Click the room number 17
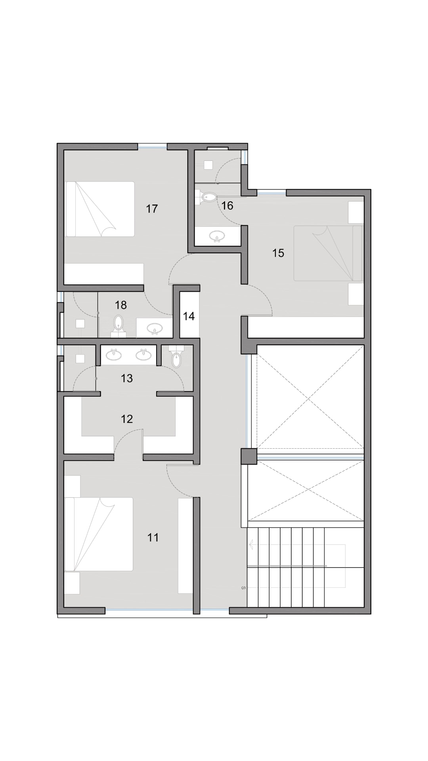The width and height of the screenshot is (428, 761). coord(152,208)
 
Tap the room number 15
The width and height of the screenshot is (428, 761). coord(278,253)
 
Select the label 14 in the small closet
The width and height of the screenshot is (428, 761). coord(189,316)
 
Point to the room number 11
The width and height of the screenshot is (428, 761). coord(153,537)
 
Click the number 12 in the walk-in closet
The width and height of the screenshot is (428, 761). coord(127,419)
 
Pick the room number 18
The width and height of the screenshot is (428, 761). coord(121,305)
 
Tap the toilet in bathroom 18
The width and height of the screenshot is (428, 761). coord(118,324)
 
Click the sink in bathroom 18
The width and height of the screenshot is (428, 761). coord(155,328)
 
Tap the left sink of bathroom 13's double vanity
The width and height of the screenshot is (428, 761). coord(114,354)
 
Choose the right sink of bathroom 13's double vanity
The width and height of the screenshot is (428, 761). coord(143,354)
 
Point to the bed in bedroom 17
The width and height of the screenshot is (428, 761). coord(100,209)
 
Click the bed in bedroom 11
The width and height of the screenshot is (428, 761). coord(99,534)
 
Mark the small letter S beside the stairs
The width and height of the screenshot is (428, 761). coord(243,587)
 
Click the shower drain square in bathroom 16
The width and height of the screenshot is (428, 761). coord(208,165)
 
